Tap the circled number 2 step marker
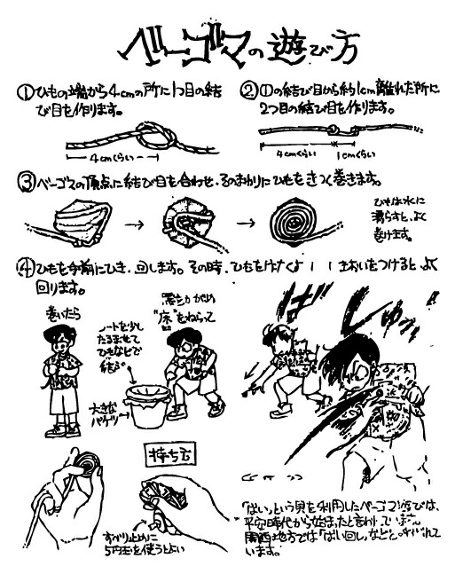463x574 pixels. click(x=250, y=92)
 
